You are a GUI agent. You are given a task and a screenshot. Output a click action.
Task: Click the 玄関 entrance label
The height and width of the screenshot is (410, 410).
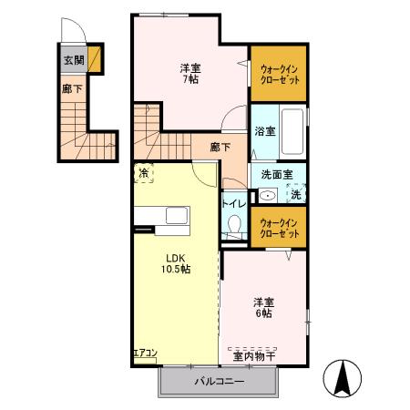(x=73, y=61)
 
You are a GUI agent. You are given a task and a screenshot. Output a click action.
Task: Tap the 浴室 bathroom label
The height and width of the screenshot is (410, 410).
(x=263, y=132)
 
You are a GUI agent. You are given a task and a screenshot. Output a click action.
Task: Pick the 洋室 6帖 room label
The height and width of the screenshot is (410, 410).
(x=264, y=308)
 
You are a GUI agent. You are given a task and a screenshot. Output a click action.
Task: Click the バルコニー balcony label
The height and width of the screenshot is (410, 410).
(x=218, y=383)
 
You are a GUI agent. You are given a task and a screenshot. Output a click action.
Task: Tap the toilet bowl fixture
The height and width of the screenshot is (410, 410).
(x=233, y=225)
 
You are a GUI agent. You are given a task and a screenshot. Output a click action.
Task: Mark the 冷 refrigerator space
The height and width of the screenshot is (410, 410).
(x=144, y=173)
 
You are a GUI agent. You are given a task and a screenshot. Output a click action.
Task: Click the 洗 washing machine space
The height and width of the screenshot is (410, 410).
(x=296, y=193)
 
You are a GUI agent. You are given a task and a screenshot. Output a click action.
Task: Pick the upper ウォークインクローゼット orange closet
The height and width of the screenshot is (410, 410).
(x=278, y=73)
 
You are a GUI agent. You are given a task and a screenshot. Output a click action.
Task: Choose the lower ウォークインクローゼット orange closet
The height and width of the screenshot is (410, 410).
(x=278, y=228)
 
